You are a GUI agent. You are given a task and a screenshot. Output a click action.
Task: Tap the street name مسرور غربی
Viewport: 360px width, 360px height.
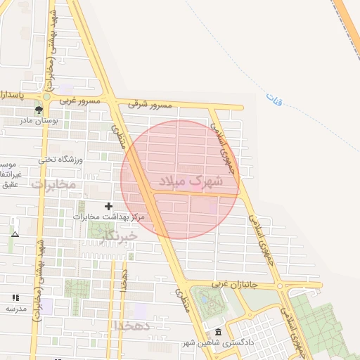[81, 101]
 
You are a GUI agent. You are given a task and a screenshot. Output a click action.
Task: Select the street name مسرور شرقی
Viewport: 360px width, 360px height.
[150, 104]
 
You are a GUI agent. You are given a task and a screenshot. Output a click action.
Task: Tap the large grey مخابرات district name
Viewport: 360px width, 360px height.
[52, 184]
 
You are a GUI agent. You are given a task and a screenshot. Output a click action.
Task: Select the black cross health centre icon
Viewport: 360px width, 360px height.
[108, 206]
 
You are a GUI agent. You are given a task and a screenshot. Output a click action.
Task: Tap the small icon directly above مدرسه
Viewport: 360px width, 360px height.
[15, 297]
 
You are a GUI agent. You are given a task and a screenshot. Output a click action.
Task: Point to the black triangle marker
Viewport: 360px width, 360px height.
[15, 234]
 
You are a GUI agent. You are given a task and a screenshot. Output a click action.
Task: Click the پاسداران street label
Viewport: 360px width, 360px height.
[13, 94]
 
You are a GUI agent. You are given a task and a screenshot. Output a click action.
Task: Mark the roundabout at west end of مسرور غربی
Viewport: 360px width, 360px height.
[46, 97]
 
